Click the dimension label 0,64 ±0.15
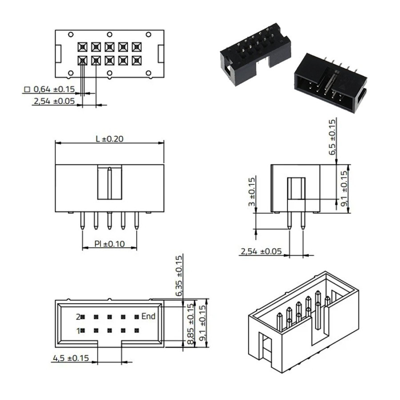54,89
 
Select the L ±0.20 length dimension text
109,139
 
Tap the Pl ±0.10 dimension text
109,244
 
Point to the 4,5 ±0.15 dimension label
71,358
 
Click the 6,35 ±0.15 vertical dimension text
180,276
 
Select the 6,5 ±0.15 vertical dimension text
332,137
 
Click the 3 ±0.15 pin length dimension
252,192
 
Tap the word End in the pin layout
148,316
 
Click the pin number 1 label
78,331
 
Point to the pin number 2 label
78,317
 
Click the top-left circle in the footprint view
71,34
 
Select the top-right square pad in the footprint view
137,47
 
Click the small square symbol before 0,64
27,89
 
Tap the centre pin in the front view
109,220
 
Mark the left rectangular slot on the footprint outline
58,54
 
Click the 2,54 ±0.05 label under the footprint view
54,101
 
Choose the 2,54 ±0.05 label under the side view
261,252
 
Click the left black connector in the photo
256,54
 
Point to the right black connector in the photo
331,83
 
